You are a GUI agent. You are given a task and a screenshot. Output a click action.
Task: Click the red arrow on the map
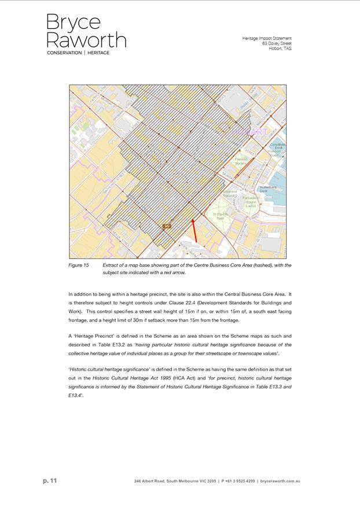coord(194,230)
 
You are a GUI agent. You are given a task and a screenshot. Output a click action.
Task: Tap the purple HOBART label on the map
coord(250,132)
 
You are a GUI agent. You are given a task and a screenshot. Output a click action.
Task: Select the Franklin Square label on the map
coord(241,161)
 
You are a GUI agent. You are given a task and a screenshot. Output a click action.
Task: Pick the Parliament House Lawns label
coord(250,201)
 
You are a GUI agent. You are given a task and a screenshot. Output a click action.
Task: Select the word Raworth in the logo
coord(86,40)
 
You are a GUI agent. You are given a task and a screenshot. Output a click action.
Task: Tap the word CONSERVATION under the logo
coord(64,53)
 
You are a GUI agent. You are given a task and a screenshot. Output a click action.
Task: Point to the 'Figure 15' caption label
coord(78,265)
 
